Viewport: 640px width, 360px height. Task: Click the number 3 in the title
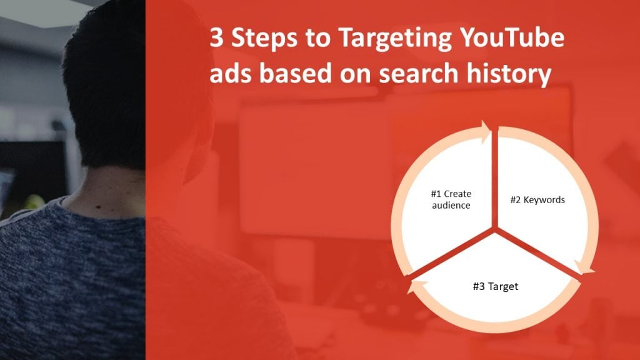point(216,40)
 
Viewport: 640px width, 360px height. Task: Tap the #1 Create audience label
point(451,199)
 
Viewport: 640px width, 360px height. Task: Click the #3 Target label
point(495,287)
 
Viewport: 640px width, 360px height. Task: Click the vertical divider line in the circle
point(495,181)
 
